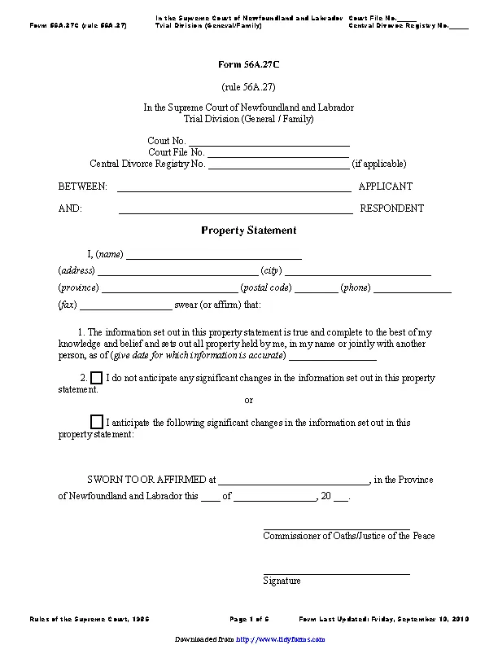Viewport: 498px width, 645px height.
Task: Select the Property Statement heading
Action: (x=248, y=230)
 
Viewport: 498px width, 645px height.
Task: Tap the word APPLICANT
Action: (x=386, y=186)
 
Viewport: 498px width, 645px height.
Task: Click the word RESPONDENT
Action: (x=391, y=208)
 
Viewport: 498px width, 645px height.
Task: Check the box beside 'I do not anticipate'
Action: (x=96, y=379)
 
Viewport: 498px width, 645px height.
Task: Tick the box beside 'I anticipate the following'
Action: (x=96, y=422)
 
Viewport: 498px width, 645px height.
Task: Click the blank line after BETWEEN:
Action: (x=234, y=190)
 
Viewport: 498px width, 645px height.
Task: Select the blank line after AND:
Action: (x=235, y=212)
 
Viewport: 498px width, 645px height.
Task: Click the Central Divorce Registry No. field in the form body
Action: (x=278, y=167)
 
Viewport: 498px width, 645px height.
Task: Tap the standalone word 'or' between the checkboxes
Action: (x=249, y=401)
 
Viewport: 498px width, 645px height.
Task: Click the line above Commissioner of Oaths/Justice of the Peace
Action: (x=336, y=529)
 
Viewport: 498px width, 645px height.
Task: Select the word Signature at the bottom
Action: (x=282, y=581)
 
